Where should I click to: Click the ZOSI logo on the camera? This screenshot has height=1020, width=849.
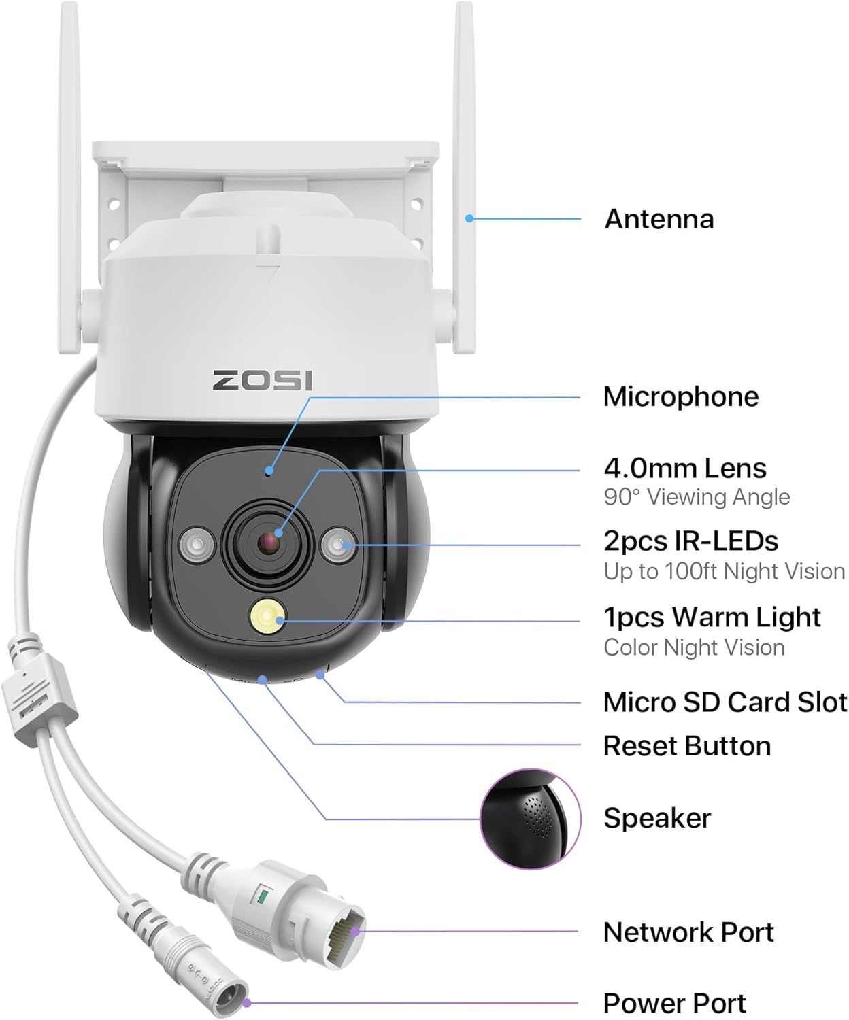pyautogui.click(x=263, y=380)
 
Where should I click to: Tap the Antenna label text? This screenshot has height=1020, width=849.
pyautogui.click(x=659, y=220)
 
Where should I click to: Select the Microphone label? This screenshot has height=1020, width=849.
pyautogui.click(x=680, y=397)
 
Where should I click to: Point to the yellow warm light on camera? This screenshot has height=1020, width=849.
pyautogui.click(x=267, y=617)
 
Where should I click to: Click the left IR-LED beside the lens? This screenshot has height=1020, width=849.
pyautogui.click(x=197, y=545)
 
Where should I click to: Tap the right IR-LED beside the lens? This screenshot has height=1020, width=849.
pyautogui.click(x=339, y=545)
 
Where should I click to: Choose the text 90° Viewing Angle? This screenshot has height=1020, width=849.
pyautogui.click(x=697, y=497)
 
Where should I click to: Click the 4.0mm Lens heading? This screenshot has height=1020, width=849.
pyautogui.click(x=684, y=469)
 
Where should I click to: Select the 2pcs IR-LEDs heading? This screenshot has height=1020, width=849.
pyautogui.click(x=690, y=541)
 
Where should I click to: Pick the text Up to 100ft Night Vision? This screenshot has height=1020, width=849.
pyautogui.click(x=724, y=571)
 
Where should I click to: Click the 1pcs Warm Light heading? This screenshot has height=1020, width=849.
pyautogui.click(x=712, y=617)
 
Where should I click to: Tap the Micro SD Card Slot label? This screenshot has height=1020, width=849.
pyautogui.click(x=725, y=702)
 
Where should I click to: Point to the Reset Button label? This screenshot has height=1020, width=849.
pyautogui.click(x=686, y=747)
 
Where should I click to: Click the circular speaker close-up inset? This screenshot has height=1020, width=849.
pyautogui.click(x=531, y=819)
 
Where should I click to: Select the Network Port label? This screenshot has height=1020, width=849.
pyautogui.click(x=688, y=932)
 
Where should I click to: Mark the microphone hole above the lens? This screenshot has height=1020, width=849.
pyautogui.click(x=269, y=471)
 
